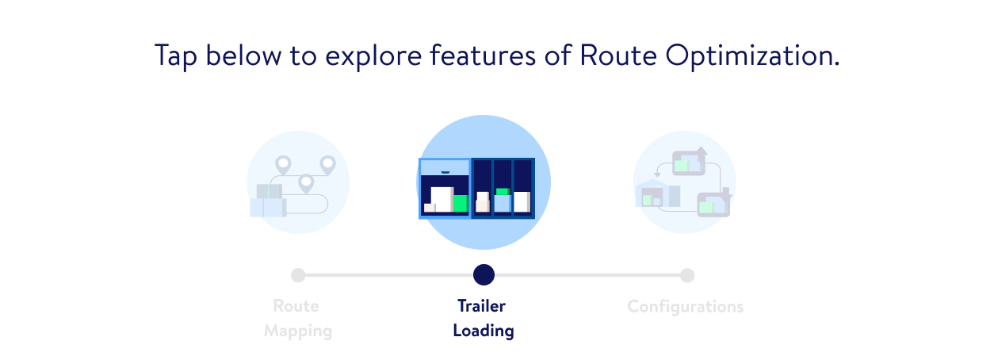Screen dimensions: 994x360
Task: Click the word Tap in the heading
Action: click(x=175, y=57)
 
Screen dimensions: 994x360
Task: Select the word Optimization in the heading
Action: click(x=752, y=57)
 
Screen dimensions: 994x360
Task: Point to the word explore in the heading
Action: click(x=373, y=57)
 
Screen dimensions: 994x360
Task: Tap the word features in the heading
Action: click(x=483, y=56)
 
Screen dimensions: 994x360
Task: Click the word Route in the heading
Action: click(x=618, y=56)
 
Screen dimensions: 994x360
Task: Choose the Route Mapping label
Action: click(x=297, y=318)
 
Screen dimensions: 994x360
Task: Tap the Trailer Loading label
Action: click(x=484, y=318)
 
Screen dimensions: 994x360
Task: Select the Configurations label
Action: click(x=685, y=307)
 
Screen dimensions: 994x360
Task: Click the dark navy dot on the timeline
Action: click(x=484, y=275)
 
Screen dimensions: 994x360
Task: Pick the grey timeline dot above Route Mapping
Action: click(x=298, y=275)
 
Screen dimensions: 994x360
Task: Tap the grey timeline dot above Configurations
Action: click(x=687, y=275)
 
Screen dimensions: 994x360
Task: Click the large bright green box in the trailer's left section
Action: click(x=461, y=203)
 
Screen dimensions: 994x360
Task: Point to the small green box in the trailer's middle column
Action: click(x=503, y=192)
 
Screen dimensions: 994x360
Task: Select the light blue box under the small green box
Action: click(x=503, y=204)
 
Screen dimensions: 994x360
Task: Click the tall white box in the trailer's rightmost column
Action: click(x=522, y=202)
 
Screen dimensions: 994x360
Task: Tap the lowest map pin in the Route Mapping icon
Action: click(x=306, y=184)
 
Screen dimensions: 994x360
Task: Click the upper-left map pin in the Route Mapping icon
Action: click(x=283, y=165)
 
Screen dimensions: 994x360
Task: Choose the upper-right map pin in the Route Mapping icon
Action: click(x=328, y=165)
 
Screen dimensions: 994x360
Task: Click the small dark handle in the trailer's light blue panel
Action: click(x=445, y=172)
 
